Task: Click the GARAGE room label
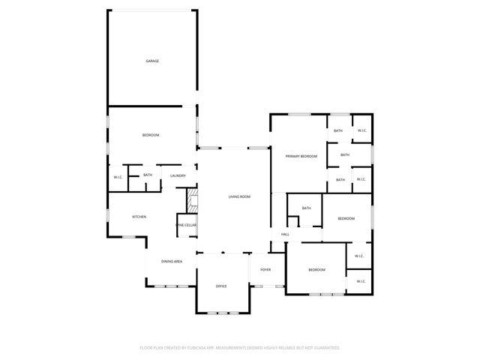[152, 61]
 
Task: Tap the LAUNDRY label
[178, 175]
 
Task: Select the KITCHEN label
[139, 217]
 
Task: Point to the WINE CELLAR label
[186, 225]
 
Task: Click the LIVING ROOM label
[239, 196]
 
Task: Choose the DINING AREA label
[172, 261]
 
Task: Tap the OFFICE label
[221, 286]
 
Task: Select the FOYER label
[265, 269]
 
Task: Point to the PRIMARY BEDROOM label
[301, 156]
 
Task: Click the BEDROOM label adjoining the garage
[151, 135]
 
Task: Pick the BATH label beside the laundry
[148, 175]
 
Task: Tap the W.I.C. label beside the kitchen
[118, 177]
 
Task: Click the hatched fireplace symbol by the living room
[192, 199]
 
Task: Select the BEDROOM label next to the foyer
[316, 270]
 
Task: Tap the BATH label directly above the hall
[306, 208]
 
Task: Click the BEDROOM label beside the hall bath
[346, 218]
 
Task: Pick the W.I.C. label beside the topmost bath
[361, 130]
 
